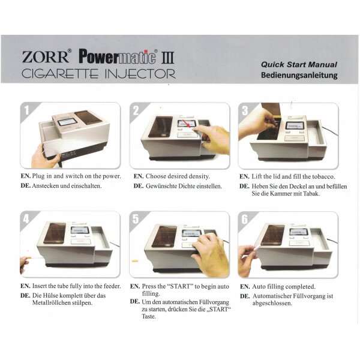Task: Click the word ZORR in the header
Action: tap(46, 58)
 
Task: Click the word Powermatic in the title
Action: tap(118, 57)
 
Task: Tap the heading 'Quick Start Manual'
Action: tap(299, 64)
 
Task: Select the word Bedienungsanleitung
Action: tap(299, 76)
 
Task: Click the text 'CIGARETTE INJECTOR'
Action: tap(98, 74)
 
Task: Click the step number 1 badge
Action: tap(27, 110)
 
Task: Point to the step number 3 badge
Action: tap(245, 110)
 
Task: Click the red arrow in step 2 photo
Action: tap(190, 125)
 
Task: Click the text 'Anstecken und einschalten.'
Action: tap(67, 186)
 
